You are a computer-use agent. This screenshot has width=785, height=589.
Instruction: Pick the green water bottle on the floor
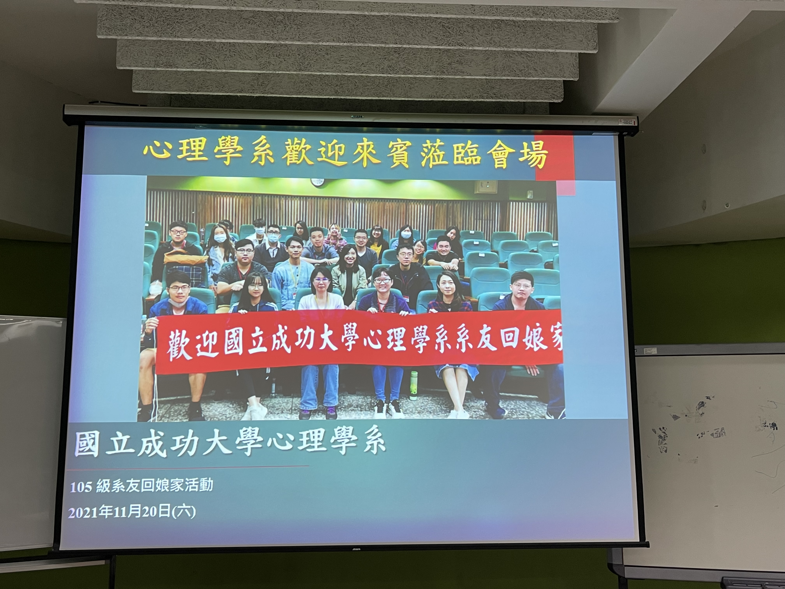[413, 386]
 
